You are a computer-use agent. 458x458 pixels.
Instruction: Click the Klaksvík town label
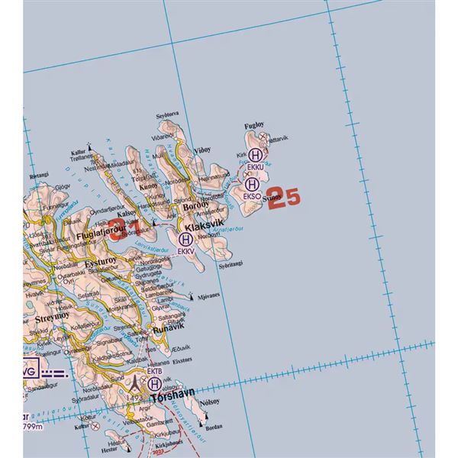[x=202, y=227]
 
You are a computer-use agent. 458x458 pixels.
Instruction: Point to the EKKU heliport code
[x=255, y=166]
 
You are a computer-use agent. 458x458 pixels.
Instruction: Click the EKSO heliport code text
[x=252, y=195]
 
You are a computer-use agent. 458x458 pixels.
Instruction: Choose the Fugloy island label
[x=253, y=124]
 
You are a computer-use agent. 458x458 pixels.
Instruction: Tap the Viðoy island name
[x=202, y=150]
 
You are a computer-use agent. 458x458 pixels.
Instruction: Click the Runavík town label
[x=168, y=329]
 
